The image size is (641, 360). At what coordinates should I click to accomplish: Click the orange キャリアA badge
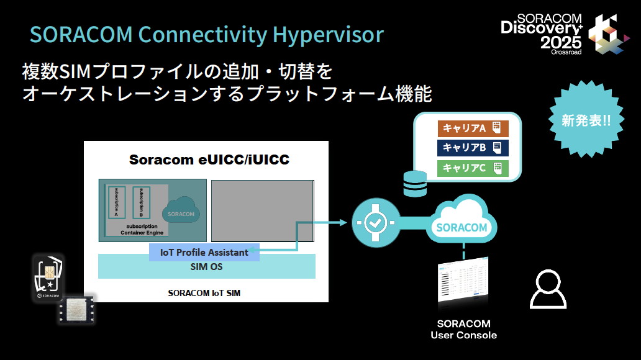(x=473, y=128)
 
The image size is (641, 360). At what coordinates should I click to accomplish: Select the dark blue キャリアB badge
(x=473, y=148)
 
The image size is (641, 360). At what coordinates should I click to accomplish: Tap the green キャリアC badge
(x=473, y=168)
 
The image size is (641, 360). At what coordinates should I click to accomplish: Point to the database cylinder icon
(x=415, y=183)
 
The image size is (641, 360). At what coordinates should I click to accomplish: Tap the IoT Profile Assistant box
(x=204, y=253)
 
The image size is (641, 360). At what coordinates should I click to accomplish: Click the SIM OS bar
(x=206, y=267)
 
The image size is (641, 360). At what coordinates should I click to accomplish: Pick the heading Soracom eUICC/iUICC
(x=209, y=160)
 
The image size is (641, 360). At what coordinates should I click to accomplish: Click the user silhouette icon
(x=547, y=290)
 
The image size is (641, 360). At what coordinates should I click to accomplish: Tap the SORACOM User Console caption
(x=463, y=330)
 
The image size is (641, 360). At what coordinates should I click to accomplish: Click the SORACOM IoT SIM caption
(x=205, y=292)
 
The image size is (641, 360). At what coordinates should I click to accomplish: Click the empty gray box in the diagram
(x=262, y=210)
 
